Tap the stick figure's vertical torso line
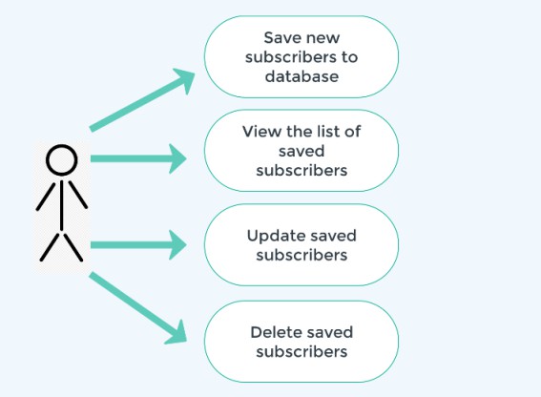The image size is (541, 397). click(62, 205)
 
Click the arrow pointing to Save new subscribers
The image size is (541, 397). click(142, 100)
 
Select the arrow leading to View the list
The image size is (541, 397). click(138, 158)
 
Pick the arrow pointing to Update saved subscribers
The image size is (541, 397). click(138, 244)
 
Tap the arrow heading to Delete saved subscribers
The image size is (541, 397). click(138, 308)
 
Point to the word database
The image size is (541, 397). click(302, 76)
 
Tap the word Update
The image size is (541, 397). click(273, 237)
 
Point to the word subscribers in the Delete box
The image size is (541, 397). click(302, 352)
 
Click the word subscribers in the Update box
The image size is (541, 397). click(302, 255)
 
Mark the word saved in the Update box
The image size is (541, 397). click(330, 236)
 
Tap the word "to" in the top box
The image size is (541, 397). click(350, 57)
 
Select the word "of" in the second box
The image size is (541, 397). click(352, 132)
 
